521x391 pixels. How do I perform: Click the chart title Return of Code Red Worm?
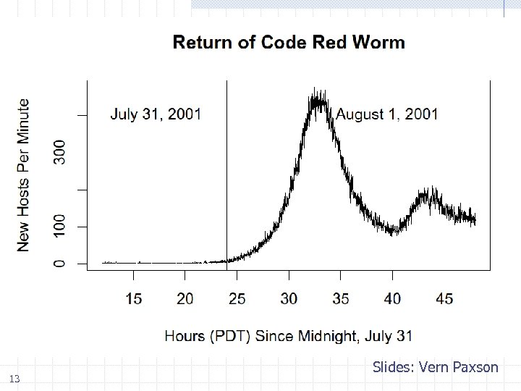click(289, 42)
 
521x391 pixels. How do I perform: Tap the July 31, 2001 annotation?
click(156, 114)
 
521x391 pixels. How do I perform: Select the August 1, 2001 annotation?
click(387, 114)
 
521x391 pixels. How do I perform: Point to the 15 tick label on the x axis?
click(134, 298)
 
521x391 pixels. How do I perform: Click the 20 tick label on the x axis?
click(185, 298)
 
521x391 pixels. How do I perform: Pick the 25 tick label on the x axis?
click(237, 298)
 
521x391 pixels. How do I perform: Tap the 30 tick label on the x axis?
click(289, 298)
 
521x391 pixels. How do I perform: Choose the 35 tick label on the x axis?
click(341, 298)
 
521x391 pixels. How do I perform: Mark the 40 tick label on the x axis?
click(393, 298)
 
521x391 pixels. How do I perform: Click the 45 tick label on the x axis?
click(445, 298)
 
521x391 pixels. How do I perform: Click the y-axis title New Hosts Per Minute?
click(24, 175)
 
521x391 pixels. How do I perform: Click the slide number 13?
click(15, 379)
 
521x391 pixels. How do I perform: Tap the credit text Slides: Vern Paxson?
click(436, 367)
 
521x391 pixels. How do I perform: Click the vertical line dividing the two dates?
click(227, 174)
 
